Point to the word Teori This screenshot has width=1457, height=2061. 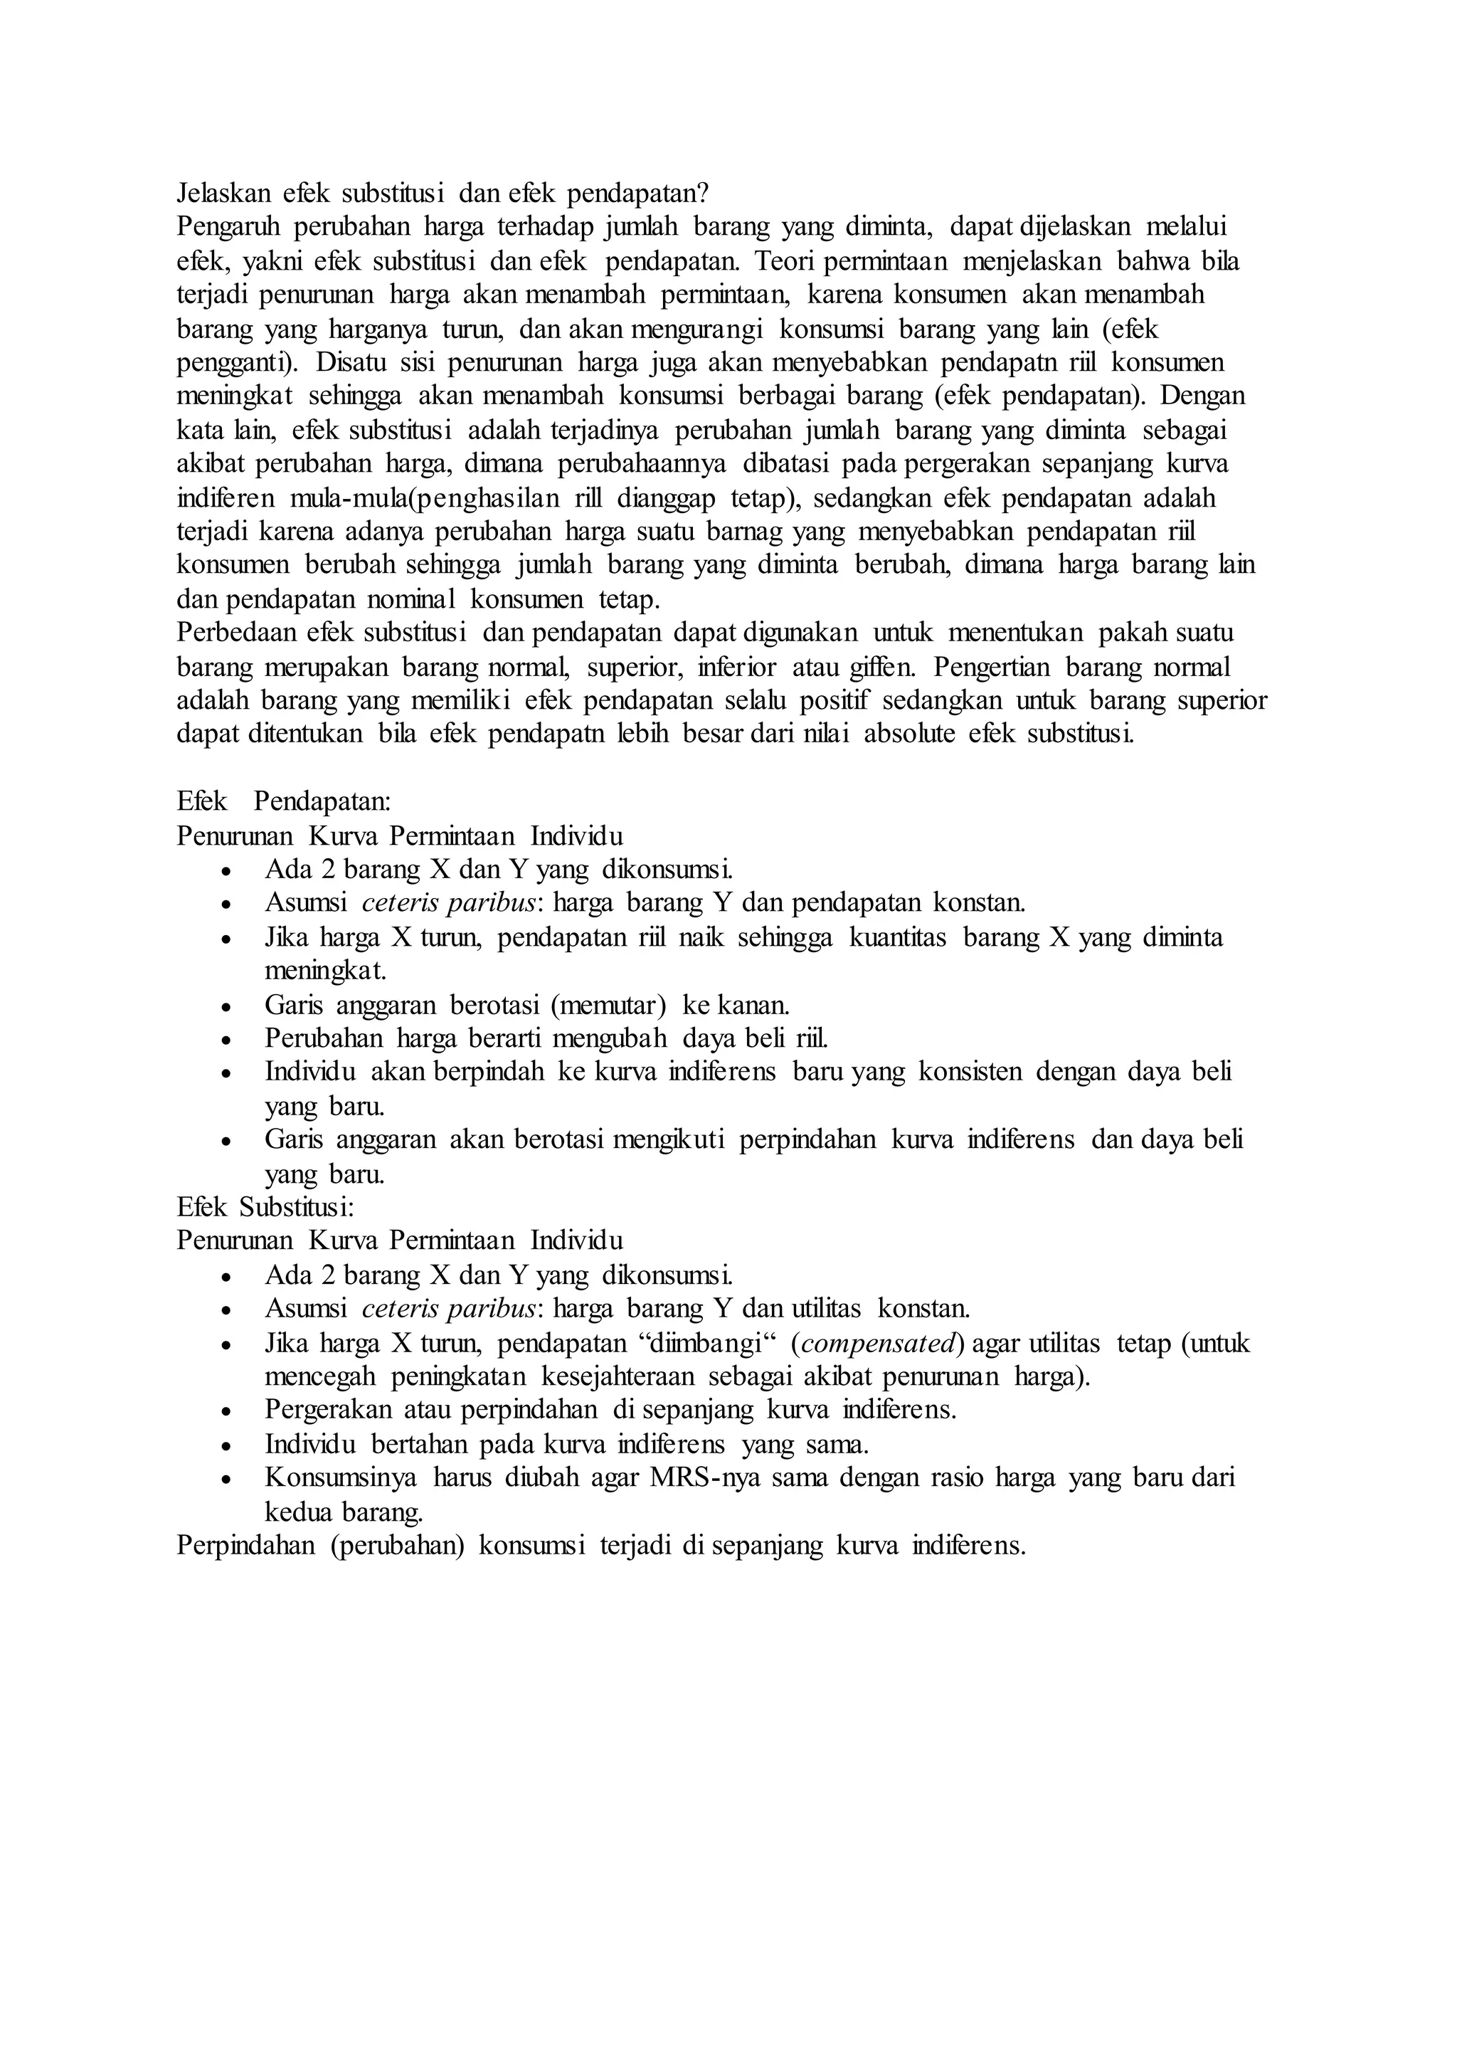785,261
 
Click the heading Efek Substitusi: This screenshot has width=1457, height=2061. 265,1206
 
